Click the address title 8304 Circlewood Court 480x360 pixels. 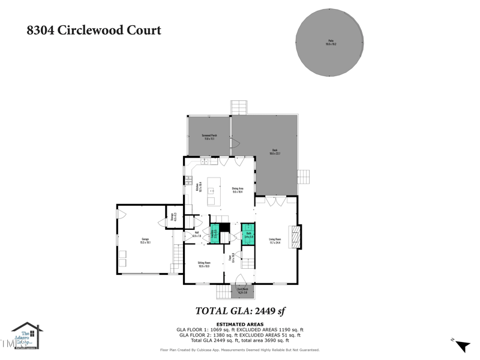[94, 30]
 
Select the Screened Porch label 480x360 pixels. [209, 137]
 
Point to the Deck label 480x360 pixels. [275, 152]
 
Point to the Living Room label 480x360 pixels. [275, 241]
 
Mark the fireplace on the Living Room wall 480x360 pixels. [295, 236]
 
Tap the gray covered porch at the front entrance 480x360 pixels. [242, 291]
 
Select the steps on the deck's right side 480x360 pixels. [303, 178]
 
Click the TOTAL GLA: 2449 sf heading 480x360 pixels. [240, 311]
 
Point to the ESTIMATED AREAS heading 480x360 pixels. [240, 325]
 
